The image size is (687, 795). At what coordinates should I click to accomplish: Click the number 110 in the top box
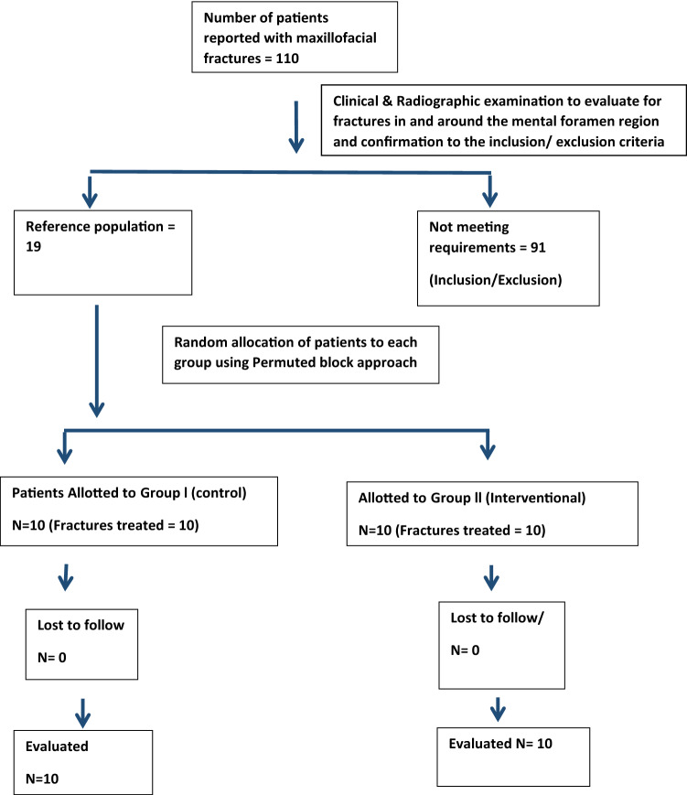287,59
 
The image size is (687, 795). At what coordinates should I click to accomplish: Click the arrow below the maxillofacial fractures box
296,127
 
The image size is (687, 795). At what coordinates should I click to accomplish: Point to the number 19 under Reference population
34,246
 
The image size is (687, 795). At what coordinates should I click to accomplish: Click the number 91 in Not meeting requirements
538,247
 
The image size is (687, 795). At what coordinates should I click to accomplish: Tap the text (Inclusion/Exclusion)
495,280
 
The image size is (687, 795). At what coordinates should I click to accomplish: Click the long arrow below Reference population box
96,361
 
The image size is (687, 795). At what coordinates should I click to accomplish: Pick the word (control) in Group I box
219,493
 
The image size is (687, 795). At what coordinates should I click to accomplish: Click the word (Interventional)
535,498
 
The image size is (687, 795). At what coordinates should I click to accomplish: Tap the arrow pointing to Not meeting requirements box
489,190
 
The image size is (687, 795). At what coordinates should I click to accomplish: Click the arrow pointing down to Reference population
90,190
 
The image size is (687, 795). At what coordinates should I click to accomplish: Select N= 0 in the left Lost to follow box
52,658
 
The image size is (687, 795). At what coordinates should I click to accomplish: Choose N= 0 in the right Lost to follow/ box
465,650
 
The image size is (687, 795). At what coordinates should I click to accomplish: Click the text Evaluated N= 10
500,743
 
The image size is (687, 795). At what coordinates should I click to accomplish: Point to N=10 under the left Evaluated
42,779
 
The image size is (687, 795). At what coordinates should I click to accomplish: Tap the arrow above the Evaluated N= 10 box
498,709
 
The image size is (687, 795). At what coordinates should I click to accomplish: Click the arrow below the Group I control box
65,577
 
